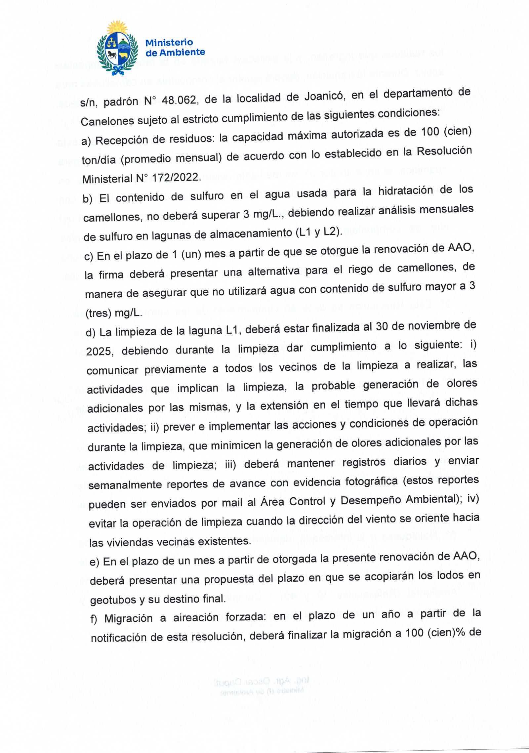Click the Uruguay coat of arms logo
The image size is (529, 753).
117,47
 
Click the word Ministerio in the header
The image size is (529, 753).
169,43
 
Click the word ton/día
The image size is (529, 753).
99,160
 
